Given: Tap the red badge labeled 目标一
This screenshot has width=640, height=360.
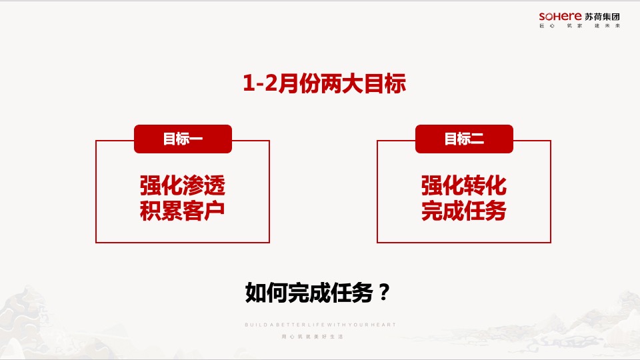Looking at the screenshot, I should tap(183, 139).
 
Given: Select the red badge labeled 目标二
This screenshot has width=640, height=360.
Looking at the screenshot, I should tap(464, 139).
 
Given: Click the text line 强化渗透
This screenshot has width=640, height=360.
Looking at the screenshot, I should tap(183, 185).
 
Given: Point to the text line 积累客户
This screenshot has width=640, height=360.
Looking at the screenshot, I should tap(183, 211).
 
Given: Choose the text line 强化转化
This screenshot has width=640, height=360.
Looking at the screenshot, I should tap(464, 185).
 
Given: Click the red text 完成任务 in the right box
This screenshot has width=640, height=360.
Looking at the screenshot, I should tap(464, 211).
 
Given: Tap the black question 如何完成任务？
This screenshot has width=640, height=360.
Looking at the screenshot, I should tap(317, 292).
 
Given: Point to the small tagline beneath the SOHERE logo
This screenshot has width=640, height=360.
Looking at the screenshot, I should tap(580, 26).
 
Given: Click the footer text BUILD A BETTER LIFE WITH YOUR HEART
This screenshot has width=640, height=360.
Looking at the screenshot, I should tap(320, 325).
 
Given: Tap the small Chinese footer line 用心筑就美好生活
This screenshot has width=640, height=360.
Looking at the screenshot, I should tap(320, 337).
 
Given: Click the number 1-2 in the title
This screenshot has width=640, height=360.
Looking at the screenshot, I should tap(259, 84).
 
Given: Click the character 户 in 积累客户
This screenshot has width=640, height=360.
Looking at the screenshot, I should tap(215, 211).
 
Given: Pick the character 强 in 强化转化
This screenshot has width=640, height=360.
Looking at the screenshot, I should tap(432, 185).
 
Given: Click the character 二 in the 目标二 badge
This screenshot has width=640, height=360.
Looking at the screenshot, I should tap(476, 139).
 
